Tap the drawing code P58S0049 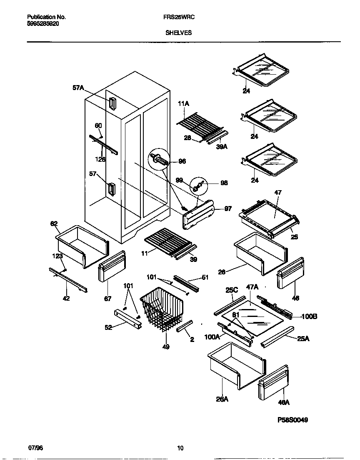[292, 420]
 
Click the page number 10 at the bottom [180, 448]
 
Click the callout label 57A [78, 88]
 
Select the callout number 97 [228, 209]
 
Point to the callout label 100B [309, 317]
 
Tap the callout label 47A [252, 287]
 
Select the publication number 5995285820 [43, 24]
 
